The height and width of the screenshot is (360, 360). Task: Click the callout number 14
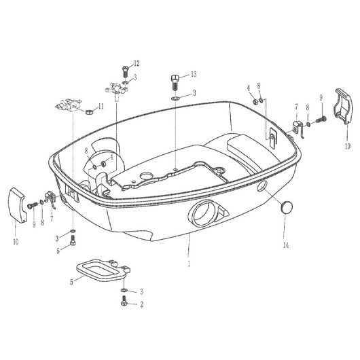286,245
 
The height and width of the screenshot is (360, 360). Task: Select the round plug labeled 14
287,207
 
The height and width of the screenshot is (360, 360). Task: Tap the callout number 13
194,74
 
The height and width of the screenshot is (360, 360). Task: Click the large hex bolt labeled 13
175,83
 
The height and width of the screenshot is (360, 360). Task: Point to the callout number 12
137,63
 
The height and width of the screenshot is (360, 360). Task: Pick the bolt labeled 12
125,71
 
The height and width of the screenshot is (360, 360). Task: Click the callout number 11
101,106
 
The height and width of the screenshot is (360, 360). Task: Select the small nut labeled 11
89,112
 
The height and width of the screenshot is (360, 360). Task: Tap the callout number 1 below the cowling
189,264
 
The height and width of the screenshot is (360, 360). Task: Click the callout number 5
71,282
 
